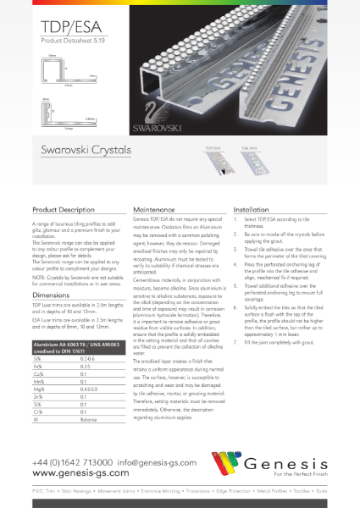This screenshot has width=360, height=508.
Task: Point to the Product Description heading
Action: (64, 209)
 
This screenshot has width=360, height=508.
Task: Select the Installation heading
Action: (250, 209)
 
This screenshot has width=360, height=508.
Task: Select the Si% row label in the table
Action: (38, 360)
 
